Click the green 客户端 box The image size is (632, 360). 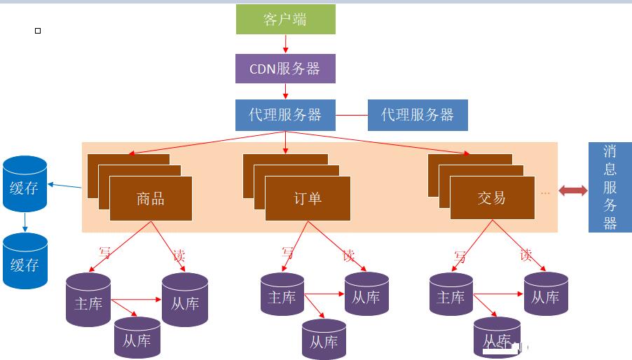(x=285, y=20)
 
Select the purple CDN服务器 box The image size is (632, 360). (x=285, y=69)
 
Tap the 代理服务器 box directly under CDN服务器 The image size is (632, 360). (x=285, y=115)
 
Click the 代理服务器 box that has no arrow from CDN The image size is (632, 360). (x=418, y=115)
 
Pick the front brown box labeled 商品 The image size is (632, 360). (x=151, y=198)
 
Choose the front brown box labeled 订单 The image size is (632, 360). (x=308, y=198)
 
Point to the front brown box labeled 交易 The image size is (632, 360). (x=492, y=198)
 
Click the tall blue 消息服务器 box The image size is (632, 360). (x=610, y=187)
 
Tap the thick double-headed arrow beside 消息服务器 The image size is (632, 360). (x=572, y=191)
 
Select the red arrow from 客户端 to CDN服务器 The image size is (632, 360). (x=285, y=44)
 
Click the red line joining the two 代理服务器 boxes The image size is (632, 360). (x=352, y=115)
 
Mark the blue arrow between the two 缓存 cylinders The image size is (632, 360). (x=25, y=222)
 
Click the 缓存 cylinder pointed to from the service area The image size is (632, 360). (x=25, y=184)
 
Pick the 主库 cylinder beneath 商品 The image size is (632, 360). (x=88, y=300)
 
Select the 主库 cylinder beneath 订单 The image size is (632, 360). (x=282, y=294)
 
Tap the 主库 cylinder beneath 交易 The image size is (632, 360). (x=451, y=294)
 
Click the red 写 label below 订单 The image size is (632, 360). (x=287, y=252)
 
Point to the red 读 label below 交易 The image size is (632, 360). (x=525, y=255)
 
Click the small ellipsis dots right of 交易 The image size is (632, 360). (x=545, y=193)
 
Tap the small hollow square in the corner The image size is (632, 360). (x=38, y=31)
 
